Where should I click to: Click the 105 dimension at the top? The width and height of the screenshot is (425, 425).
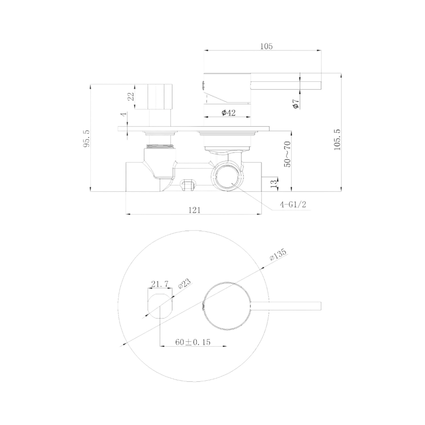[x=266, y=46]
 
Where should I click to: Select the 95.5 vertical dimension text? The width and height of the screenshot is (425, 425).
[x=86, y=139]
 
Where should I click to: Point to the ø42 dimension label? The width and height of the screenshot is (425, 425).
[x=229, y=113]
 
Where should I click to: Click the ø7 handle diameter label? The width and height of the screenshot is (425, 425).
[x=296, y=104]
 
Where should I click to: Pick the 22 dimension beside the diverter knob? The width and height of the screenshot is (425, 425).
[x=131, y=96]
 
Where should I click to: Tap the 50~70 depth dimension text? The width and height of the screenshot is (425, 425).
[x=287, y=154]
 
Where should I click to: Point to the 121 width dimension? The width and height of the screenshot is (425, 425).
[x=194, y=210]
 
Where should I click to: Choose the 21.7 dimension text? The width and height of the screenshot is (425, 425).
[x=160, y=284]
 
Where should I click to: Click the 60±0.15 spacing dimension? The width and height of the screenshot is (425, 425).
[x=193, y=342]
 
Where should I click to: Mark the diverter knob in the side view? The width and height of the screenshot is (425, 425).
[x=160, y=96]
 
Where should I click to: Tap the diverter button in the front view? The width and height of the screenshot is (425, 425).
[x=160, y=306]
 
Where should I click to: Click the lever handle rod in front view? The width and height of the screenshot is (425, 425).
[x=287, y=306]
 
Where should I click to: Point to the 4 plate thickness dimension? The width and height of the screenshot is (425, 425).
[x=124, y=114]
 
